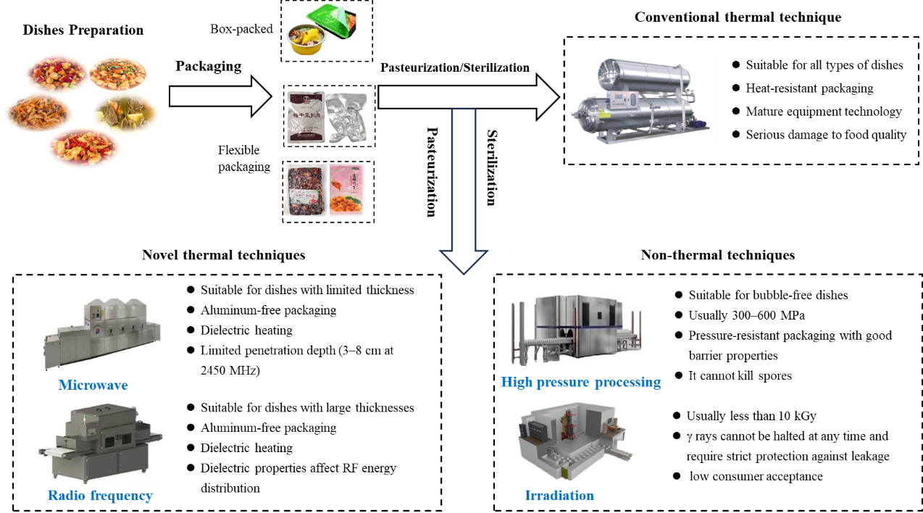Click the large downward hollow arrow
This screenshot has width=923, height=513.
pos(464,188)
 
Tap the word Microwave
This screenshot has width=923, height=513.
pos(93,385)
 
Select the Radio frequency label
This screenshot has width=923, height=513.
pos(100,496)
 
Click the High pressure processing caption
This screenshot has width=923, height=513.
pos(580,381)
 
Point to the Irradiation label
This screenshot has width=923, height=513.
pos(559,496)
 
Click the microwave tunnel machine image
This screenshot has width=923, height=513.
pos(102,333)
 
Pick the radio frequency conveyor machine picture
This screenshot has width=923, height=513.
pos(100,443)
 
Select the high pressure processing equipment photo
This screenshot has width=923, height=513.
pos(576,330)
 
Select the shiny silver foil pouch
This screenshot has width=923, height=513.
pos(346,117)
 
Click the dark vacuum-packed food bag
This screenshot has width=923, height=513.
pos(304,191)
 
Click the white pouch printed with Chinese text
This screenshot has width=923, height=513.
pos(304,117)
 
